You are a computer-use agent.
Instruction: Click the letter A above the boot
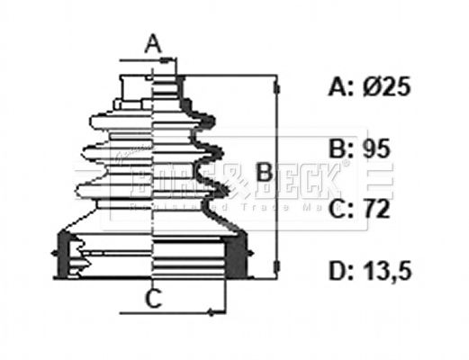point(153,41)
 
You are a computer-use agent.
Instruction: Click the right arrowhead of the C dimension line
point(211,312)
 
